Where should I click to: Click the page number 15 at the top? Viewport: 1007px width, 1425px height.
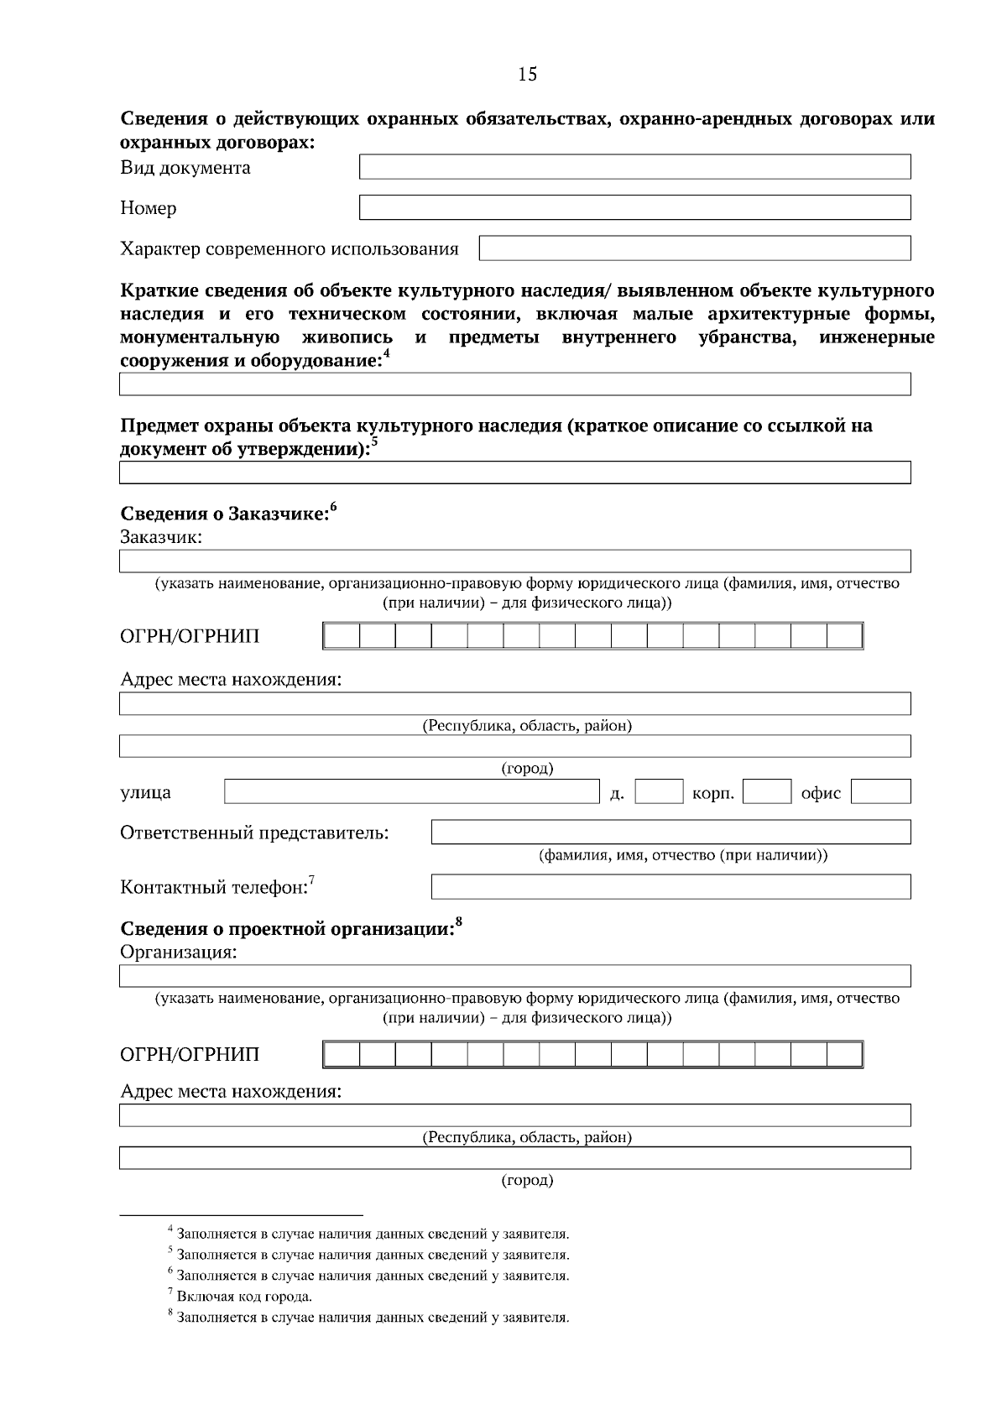pyautogui.click(x=528, y=74)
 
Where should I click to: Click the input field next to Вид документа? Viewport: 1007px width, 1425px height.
pyautogui.click(x=634, y=166)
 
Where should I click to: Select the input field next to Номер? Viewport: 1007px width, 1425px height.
pyautogui.click(x=634, y=207)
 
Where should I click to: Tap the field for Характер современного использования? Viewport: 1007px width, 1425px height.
pyautogui.click(x=694, y=248)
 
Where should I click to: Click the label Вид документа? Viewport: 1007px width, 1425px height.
pyautogui.click(x=185, y=168)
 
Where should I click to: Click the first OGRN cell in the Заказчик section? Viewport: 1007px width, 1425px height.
pyautogui.click(x=342, y=636)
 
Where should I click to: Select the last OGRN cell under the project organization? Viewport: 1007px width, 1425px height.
pyautogui.click(x=844, y=1054)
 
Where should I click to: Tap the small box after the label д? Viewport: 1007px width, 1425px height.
pyautogui.click(x=659, y=791)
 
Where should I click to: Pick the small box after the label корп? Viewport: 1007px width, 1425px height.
pyautogui.click(x=767, y=791)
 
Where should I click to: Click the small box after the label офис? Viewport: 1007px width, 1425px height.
pyautogui.click(x=880, y=791)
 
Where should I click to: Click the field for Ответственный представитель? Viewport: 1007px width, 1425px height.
pyautogui.click(x=670, y=832)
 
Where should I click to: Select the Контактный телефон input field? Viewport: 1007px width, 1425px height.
pyautogui.click(x=670, y=886)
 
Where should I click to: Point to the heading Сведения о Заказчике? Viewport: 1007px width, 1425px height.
pyautogui.click(x=223, y=514)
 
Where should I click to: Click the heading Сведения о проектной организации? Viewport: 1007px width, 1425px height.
pyautogui.click(x=286, y=929)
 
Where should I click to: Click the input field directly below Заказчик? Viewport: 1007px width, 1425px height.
pyautogui.click(x=514, y=561)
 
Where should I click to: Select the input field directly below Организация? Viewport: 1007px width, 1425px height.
pyautogui.click(x=514, y=976)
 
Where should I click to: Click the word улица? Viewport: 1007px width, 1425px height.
pyautogui.click(x=145, y=792)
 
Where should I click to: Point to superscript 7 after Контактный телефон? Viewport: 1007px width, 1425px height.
pyautogui.click(x=311, y=880)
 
